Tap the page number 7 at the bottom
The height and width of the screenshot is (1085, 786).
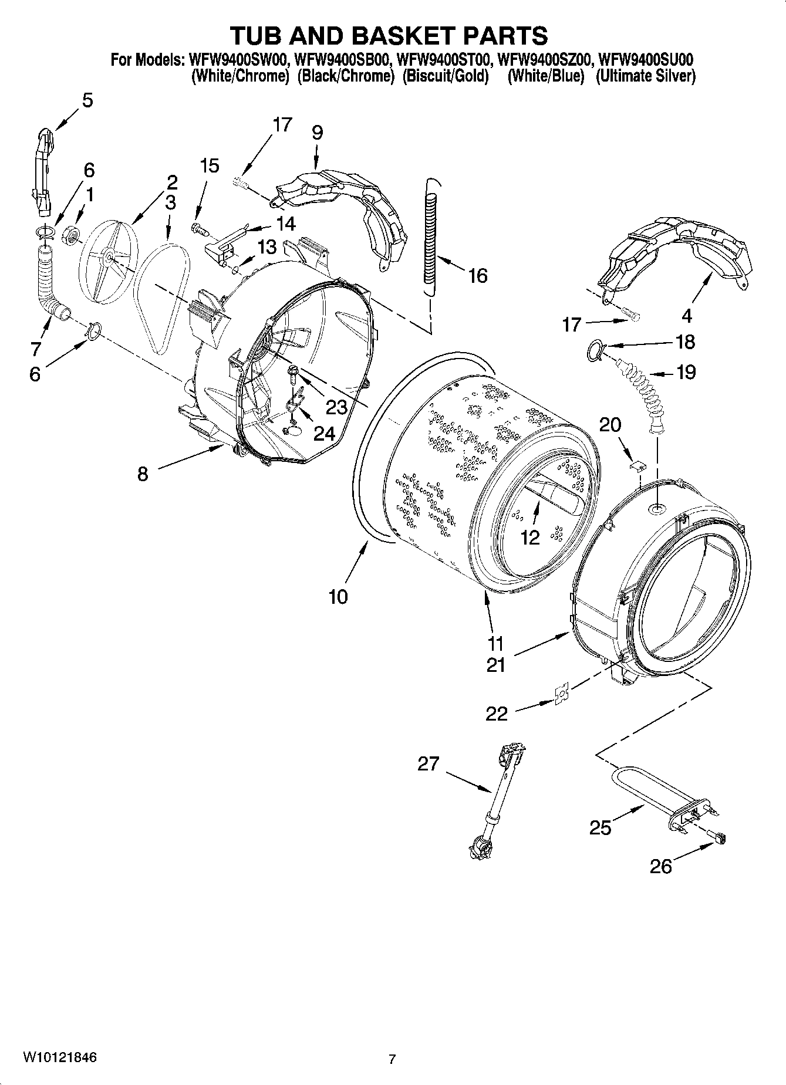pos(392,1059)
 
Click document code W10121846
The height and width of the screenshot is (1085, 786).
pos(60,1057)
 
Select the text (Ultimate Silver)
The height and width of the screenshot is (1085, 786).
pos(645,76)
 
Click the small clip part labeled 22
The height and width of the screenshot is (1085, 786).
pos(561,695)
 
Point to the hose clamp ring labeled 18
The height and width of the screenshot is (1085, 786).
pos(595,351)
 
